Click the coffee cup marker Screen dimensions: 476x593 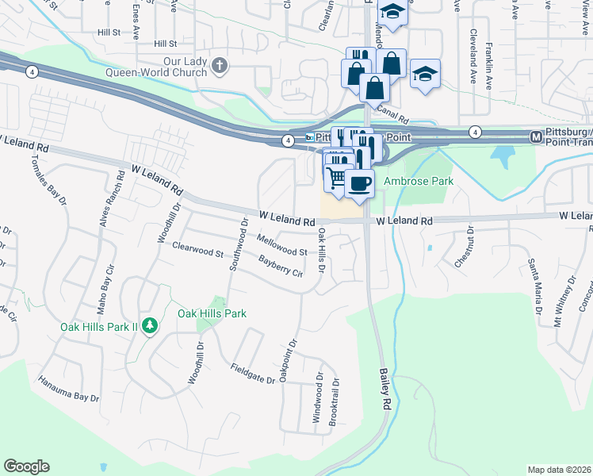tap(360, 183)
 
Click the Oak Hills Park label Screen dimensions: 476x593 tap(212, 313)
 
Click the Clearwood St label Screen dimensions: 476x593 tap(198, 250)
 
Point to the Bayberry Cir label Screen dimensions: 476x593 tap(281, 266)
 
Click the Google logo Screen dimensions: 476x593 tap(26, 466)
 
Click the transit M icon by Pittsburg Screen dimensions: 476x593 tap(537, 137)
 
